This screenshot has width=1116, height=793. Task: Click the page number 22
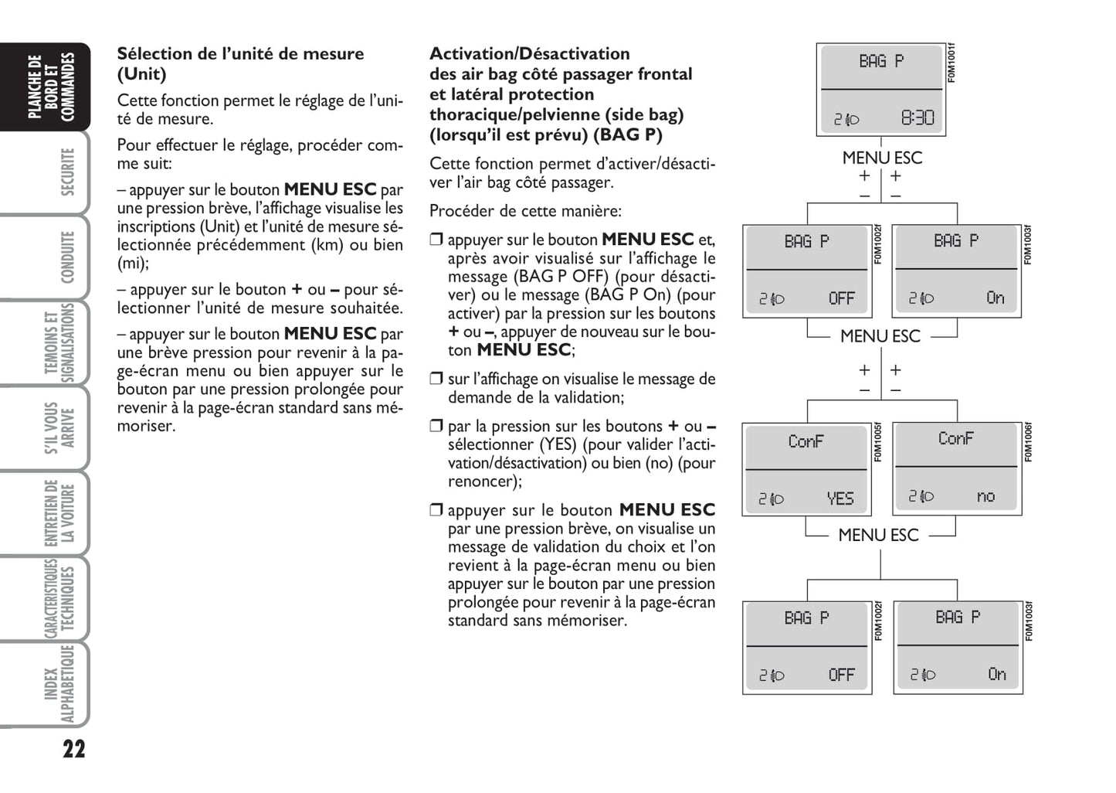pos(73,749)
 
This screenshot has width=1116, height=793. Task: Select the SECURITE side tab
pos(68,172)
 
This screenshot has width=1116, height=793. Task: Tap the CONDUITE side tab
pos(68,257)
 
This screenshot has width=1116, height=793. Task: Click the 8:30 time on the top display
pos(917,118)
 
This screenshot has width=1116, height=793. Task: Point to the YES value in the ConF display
pos(840,499)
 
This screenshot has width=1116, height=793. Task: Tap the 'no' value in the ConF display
pos(986,496)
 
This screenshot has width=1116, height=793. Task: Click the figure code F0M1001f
pos(951,63)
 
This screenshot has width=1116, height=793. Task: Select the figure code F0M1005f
pos(878,443)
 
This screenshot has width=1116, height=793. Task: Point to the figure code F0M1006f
pos(1028,442)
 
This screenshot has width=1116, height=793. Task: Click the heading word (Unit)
pos(141,74)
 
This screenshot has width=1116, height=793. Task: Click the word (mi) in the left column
pos(131,264)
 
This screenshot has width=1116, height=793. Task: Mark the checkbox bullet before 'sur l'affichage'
pos(436,379)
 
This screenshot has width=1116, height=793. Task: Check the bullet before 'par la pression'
pos(436,426)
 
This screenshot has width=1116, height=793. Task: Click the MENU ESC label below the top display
pos(882,158)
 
